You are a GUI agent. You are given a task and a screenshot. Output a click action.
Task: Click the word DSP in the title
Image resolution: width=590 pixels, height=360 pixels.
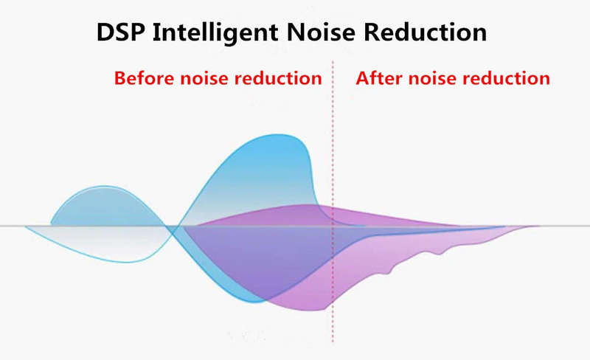(121, 32)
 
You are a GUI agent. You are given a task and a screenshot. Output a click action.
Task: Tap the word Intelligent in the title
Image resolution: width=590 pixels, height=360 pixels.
(215, 33)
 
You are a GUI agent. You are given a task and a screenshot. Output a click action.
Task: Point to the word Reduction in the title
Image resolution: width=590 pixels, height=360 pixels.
(426, 32)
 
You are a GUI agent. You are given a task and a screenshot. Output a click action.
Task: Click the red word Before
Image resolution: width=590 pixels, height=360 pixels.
(144, 78)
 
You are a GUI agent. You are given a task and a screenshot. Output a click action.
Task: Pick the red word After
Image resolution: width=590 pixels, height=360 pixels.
(379, 78)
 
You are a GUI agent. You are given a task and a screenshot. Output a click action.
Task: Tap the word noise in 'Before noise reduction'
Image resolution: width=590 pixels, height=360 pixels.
(204, 79)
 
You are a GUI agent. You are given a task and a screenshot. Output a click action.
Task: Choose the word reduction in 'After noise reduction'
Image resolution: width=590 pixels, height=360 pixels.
(506, 78)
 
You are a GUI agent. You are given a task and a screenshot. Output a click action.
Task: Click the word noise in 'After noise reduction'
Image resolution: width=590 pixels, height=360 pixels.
(432, 79)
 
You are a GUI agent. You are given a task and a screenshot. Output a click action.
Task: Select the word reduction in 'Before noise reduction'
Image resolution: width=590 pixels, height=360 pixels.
(278, 78)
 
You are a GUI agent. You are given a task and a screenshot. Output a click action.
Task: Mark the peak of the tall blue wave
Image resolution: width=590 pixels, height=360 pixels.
(279, 134)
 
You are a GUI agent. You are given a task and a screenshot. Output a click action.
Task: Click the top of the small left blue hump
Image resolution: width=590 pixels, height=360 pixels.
(105, 186)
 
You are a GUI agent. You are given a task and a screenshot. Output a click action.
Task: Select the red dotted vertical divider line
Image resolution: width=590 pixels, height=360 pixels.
(333, 201)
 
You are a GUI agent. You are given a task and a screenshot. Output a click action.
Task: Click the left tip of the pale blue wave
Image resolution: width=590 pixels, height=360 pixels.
(25, 226)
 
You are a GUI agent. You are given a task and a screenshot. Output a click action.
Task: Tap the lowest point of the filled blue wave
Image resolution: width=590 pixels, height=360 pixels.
(256, 302)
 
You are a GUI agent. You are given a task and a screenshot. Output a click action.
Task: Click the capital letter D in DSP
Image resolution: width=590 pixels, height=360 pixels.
(105, 32)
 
